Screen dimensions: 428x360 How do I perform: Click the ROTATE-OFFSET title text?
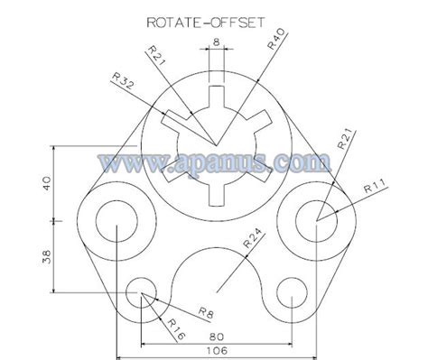[206, 23]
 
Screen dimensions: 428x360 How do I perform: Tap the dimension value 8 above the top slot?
[216, 42]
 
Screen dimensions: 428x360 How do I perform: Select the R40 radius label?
[275, 39]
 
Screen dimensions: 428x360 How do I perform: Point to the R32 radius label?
[122, 80]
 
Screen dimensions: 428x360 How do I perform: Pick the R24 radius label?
[251, 238]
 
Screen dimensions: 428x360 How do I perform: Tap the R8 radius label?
[206, 313]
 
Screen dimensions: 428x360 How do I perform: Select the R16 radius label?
[176, 329]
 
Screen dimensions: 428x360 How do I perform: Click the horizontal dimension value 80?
[217, 337]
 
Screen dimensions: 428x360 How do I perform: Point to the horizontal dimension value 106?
[217, 350]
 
